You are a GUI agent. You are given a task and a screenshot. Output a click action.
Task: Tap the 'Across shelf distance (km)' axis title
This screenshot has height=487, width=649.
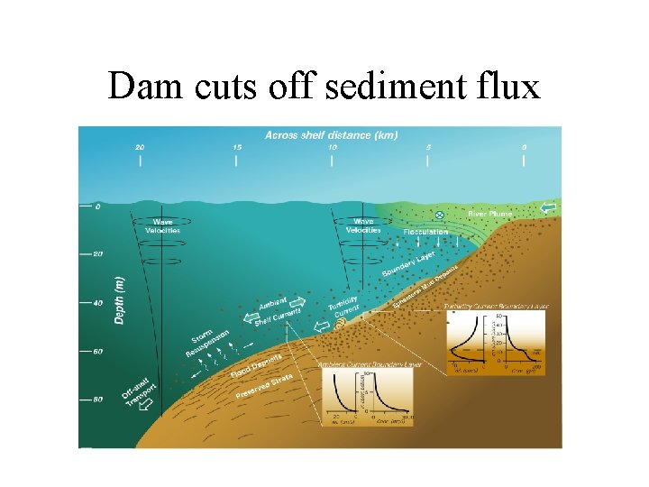[x=331, y=135]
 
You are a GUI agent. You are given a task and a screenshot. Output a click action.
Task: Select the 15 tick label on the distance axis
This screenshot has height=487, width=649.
[x=236, y=147]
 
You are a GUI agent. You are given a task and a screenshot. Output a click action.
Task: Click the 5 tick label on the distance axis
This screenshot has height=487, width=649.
[x=429, y=147]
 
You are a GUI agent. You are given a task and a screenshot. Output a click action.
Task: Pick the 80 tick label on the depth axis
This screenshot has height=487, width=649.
[x=97, y=400]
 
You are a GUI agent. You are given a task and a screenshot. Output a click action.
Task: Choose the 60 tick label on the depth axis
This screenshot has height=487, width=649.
[x=97, y=351]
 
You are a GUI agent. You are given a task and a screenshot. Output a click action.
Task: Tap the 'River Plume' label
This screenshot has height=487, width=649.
[x=489, y=215]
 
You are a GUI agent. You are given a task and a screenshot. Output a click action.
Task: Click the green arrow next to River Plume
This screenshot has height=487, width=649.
[x=548, y=208]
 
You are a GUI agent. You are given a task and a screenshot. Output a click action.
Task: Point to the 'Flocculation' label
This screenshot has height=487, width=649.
[x=425, y=232]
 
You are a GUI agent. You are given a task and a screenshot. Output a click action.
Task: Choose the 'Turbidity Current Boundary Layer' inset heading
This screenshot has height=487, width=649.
[x=497, y=307]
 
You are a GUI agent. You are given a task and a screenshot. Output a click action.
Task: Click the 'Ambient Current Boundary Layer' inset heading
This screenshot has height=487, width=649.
[x=370, y=365]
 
